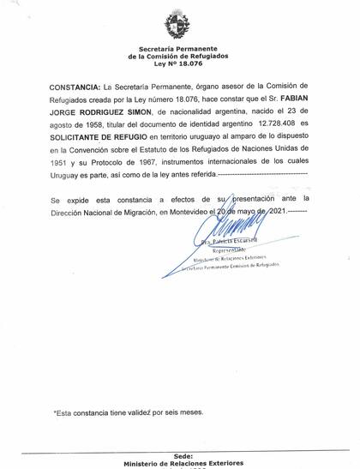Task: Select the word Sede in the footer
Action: pyautogui.click(x=183, y=456)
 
